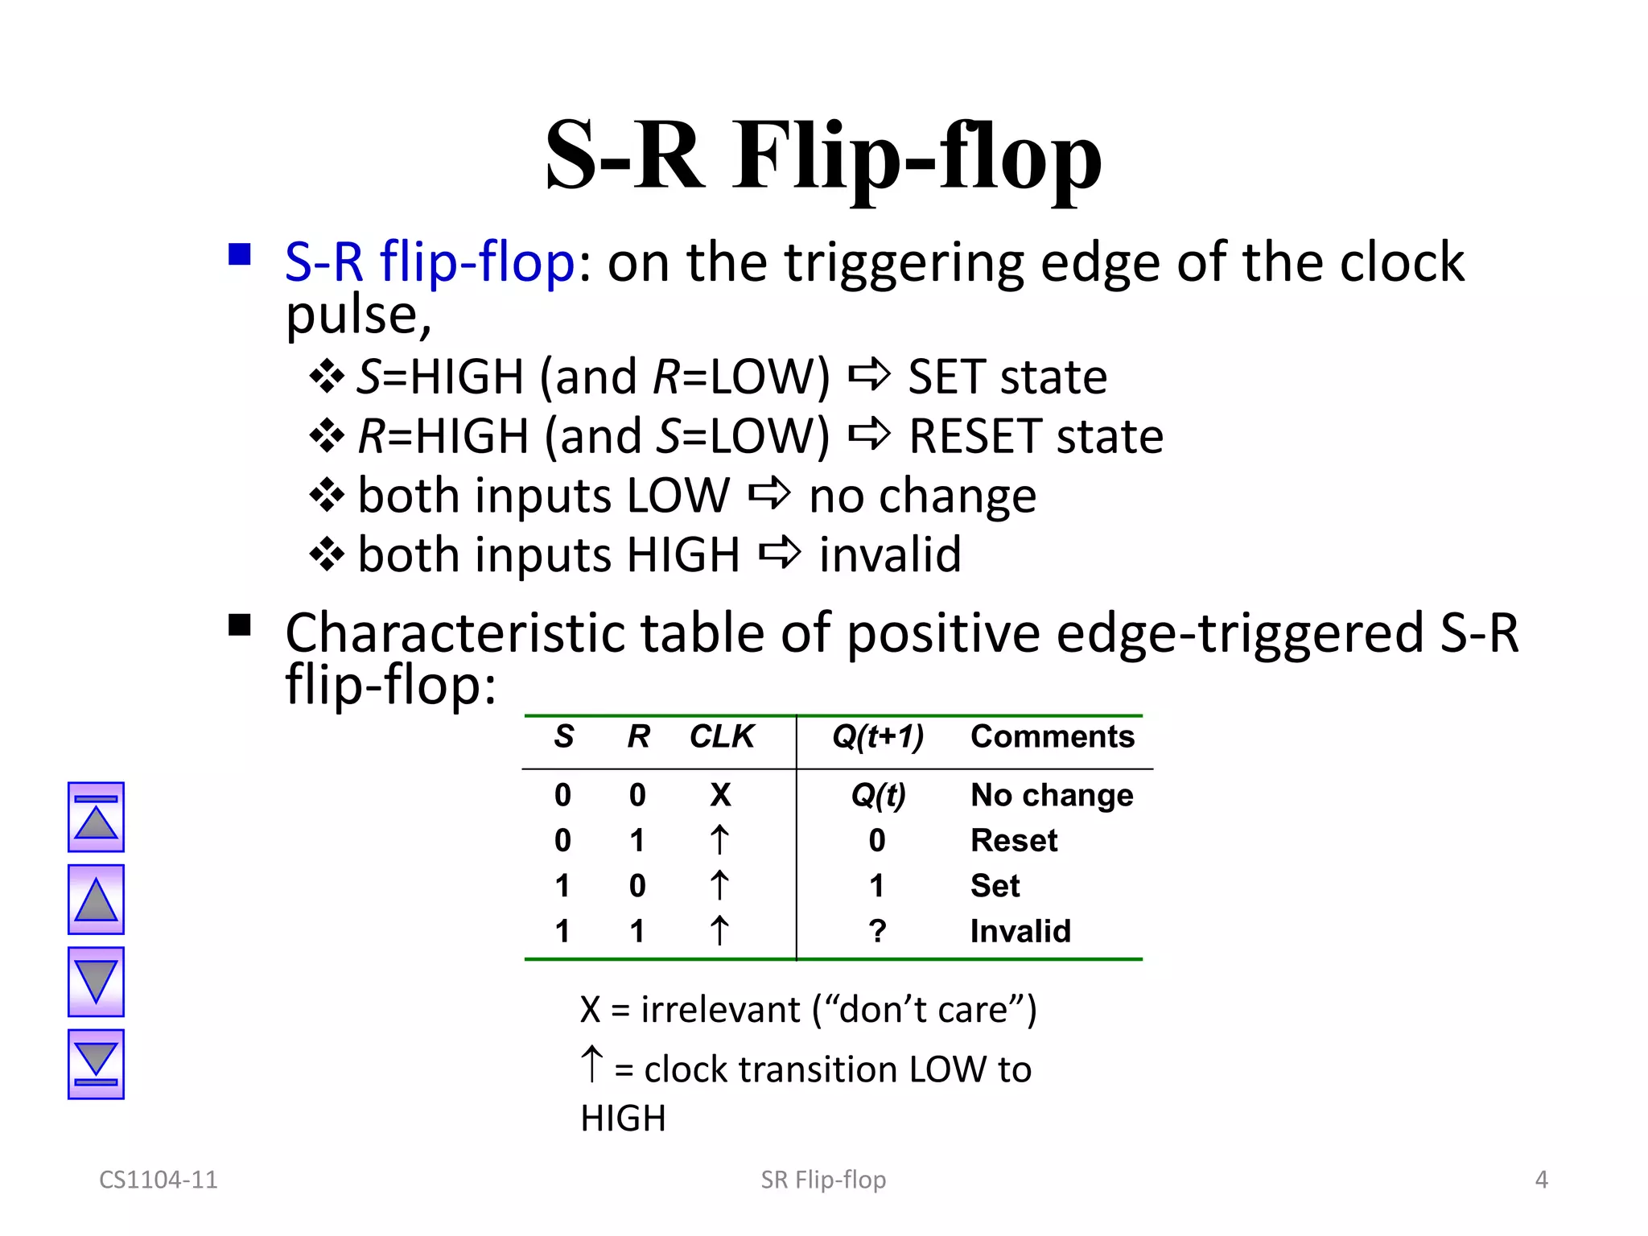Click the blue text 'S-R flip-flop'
tap(430, 262)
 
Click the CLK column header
tap(722, 736)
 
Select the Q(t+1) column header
tap(877, 736)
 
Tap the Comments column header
tap(1052, 736)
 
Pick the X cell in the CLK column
tap(720, 795)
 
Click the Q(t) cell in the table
tap(878, 795)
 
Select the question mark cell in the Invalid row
tap(877, 931)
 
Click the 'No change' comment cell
tap(1052, 795)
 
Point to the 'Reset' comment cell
tap(1014, 840)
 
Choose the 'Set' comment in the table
tap(995, 886)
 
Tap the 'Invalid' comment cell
tap(1020, 931)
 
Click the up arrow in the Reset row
tap(719, 840)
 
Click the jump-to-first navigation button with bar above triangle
tap(96, 817)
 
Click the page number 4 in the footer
tap(1541, 1180)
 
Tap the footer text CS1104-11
tap(159, 1180)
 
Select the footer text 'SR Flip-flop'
tap(823, 1180)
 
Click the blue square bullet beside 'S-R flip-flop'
tap(239, 255)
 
